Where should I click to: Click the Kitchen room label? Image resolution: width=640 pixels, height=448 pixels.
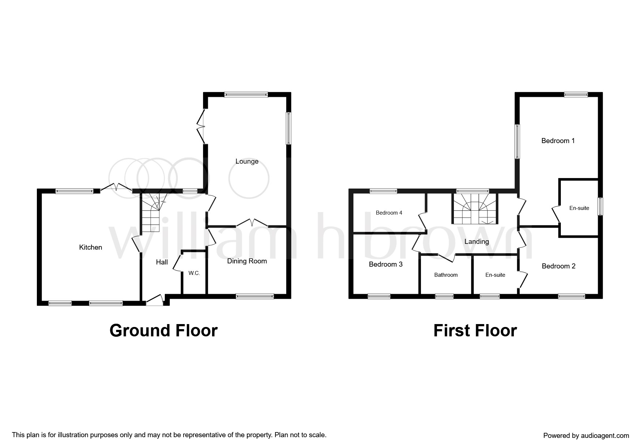click(90, 247)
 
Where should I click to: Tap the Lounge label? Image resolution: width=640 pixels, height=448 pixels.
click(247, 161)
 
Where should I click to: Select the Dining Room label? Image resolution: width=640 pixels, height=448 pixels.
click(247, 261)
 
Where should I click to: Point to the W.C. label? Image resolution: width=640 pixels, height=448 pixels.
click(194, 273)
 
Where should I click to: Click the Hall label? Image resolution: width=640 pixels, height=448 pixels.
click(162, 262)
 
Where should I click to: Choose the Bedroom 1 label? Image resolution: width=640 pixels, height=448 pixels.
click(558, 141)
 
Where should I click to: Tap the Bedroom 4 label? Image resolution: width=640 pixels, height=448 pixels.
click(389, 213)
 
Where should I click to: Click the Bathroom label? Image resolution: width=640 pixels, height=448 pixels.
click(446, 275)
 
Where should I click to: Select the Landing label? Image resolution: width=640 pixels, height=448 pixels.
click(477, 242)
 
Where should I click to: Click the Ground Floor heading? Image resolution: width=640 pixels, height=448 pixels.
click(163, 331)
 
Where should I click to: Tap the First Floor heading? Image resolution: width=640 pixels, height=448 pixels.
click(475, 331)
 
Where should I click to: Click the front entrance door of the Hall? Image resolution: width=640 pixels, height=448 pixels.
click(154, 301)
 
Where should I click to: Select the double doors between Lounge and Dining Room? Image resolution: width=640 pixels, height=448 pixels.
click(252, 222)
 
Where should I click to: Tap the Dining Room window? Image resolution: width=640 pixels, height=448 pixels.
click(255, 297)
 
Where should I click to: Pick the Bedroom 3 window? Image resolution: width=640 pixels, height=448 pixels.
click(379, 297)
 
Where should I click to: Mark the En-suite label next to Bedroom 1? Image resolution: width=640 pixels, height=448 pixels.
click(579, 208)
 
